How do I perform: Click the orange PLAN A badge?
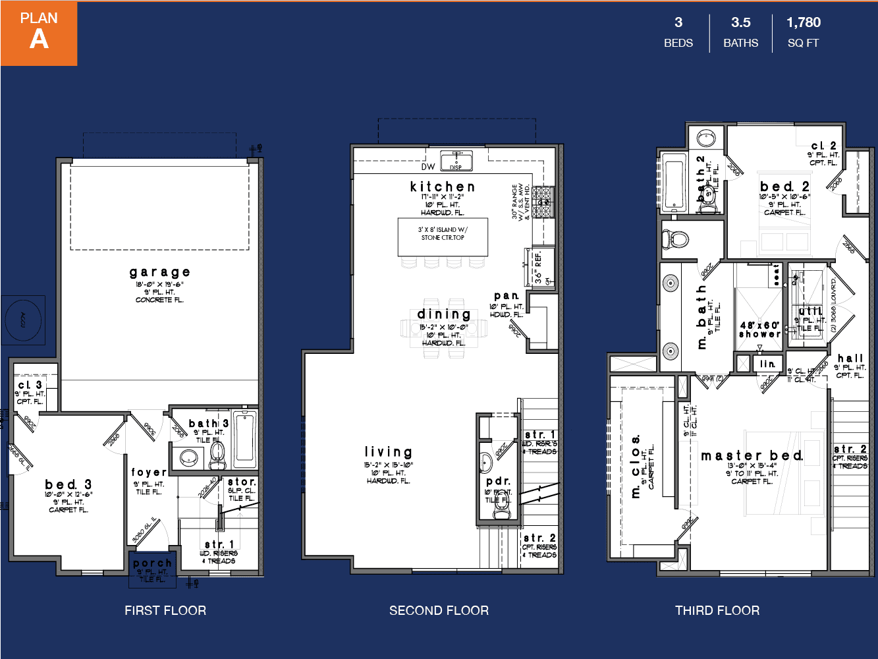[39, 33]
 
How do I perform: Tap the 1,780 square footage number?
[804, 22]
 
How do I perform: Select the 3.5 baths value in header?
[741, 22]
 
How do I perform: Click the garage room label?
[160, 272]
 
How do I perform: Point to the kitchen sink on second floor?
[456, 160]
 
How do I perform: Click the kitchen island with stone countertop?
[443, 237]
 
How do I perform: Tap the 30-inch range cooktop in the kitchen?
[542, 202]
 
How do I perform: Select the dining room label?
[444, 314]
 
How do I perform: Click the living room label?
[389, 452]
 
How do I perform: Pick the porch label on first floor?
[152, 563]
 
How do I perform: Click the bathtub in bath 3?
[245, 438]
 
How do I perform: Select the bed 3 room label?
[69, 484]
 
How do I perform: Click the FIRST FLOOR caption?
[165, 610]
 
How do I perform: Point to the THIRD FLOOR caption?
[717, 610]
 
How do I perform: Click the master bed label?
[752, 455]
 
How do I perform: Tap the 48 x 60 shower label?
[759, 329]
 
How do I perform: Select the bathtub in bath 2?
[674, 183]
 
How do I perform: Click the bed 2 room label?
[784, 186]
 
